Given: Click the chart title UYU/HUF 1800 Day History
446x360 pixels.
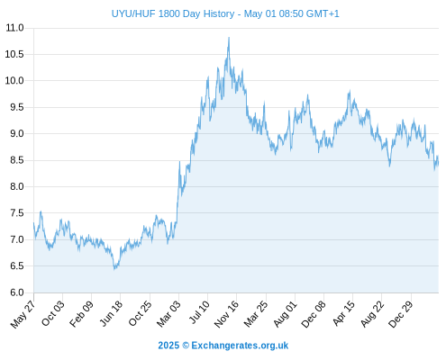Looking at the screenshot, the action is point(173,13).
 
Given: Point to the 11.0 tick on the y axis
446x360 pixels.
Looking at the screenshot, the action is point(14,28).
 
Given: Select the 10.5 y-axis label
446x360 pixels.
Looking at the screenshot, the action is point(14,54).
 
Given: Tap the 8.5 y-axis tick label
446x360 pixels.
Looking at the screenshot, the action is point(17,160).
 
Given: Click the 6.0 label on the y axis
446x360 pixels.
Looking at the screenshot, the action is point(17,292).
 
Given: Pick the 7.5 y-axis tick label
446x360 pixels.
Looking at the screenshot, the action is point(17,213).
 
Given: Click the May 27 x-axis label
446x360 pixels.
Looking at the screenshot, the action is point(23,314).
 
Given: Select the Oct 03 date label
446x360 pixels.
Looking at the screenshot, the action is point(53,313).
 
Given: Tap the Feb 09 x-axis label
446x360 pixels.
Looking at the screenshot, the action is point(81,314).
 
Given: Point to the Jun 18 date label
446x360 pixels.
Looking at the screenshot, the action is point(111,313).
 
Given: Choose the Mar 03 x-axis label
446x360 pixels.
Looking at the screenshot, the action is point(168,314).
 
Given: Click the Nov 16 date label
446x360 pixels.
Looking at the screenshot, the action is point(226,314).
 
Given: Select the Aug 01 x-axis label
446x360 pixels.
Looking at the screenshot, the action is point(285,314).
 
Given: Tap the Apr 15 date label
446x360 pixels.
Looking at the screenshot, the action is point(343,313).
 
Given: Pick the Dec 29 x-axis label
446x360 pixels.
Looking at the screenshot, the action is point(401,314).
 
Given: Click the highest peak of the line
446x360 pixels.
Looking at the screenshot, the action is point(229,38).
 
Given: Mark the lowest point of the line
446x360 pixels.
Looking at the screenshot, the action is point(114,269).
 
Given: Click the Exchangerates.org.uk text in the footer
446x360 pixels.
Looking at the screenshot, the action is point(240,346).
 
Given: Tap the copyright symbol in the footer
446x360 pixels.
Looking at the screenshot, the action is point(186,346).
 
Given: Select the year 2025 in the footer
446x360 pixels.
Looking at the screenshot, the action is point(168,346).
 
